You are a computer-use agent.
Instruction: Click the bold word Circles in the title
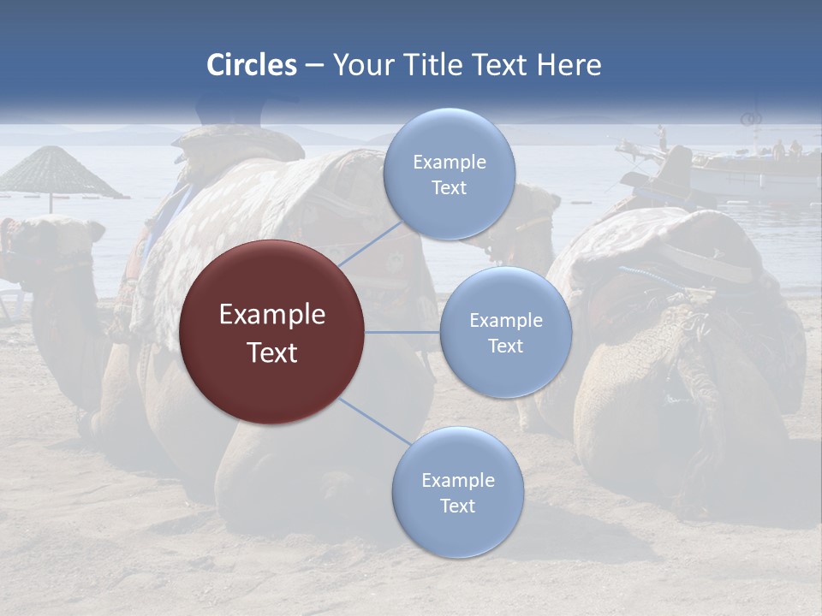point(251,65)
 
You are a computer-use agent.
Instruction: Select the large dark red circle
point(271,332)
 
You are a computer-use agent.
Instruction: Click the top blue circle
point(449,174)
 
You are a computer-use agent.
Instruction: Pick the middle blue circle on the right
point(505,332)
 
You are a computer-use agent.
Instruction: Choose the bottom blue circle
point(457,492)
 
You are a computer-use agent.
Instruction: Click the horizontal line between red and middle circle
point(402,332)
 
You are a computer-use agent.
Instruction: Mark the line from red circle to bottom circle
point(373,421)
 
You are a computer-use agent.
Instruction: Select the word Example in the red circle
point(271,315)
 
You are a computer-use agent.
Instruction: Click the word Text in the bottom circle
point(457,506)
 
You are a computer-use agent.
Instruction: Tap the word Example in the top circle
point(449,162)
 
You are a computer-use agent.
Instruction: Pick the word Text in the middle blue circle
point(505,346)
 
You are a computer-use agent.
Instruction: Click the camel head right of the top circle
point(535,214)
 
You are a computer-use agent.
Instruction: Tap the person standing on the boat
point(661,137)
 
